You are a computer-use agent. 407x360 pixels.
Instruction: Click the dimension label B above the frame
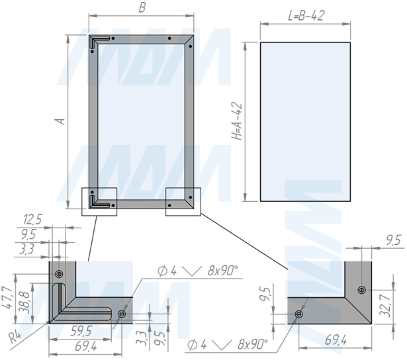click(142, 8)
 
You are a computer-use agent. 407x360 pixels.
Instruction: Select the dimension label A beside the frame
click(62, 122)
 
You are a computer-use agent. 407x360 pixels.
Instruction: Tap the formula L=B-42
click(306, 16)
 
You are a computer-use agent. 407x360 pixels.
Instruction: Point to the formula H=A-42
click(238, 122)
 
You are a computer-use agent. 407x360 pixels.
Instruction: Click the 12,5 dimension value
click(32, 220)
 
